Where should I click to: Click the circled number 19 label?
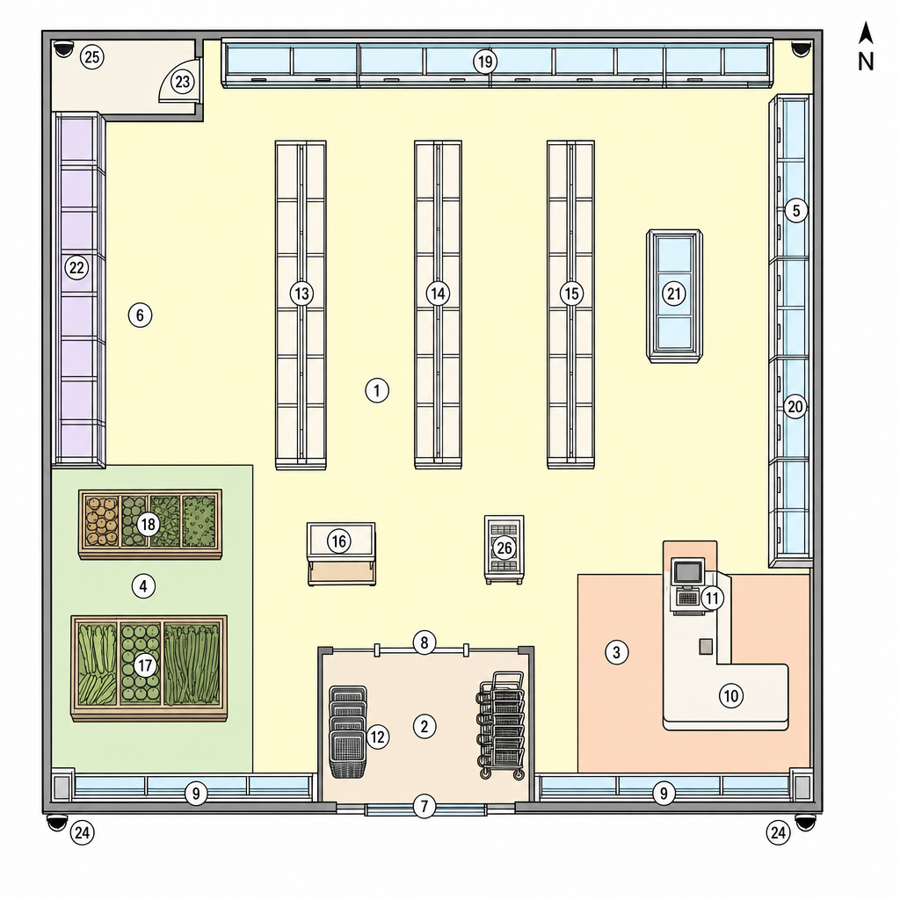coord(485,62)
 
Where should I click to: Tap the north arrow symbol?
coord(866,33)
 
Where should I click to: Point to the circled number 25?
coord(91,57)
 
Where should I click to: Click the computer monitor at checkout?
coord(687,571)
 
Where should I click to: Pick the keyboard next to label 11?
coord(687,599)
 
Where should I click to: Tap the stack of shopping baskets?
coord(348,731)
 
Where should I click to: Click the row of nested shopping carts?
coord(501,725)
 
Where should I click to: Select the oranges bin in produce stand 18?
coord(102,522)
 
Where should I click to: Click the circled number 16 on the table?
coord(338,541)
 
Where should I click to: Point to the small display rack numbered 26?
coord(504,549)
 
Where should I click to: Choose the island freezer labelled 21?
coord(674,296)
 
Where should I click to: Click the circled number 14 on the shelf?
coord(438,294)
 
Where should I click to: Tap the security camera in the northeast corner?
coord(800,48)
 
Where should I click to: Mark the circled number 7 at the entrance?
coord(425,807)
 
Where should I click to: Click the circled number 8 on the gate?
coord(425,642)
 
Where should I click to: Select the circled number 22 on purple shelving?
coord(76,267)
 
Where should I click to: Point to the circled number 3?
coord(616,652)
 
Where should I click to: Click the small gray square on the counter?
coord(706,646)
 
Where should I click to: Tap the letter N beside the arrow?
coord(866,61)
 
